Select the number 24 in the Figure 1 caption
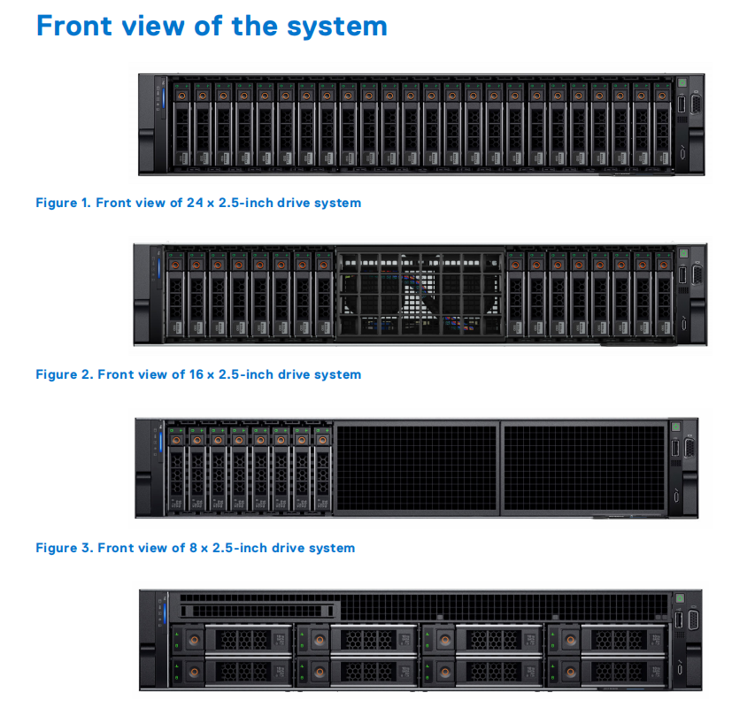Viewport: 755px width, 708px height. (x=195, y=203)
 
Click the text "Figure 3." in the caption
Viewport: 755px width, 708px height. (x=65, y=548)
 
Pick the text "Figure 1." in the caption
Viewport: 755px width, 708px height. (x=64, y=203)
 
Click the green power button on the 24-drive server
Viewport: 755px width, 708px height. (x=682, y=83)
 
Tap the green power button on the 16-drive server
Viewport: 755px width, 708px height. (x=682, y=254)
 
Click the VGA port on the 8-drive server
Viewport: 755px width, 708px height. (x=689, y=448)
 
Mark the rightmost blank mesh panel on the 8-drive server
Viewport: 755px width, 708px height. (x=582, y=466)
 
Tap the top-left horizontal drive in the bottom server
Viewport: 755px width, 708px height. (x=234, y=639)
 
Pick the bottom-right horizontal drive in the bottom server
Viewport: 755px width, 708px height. (x=609, y=670)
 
